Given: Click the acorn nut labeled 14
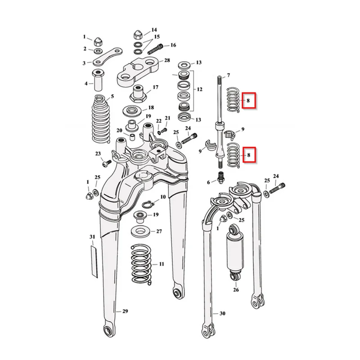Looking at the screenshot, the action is coord(139,35).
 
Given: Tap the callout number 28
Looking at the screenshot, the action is coord(167,60).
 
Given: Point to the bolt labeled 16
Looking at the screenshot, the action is coord(155,49).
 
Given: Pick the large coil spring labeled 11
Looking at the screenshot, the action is coord(141,265).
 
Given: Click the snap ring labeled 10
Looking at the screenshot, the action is coord(147,204).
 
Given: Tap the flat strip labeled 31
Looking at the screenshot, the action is coord(94,262).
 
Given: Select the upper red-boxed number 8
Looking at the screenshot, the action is coord(248,100).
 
